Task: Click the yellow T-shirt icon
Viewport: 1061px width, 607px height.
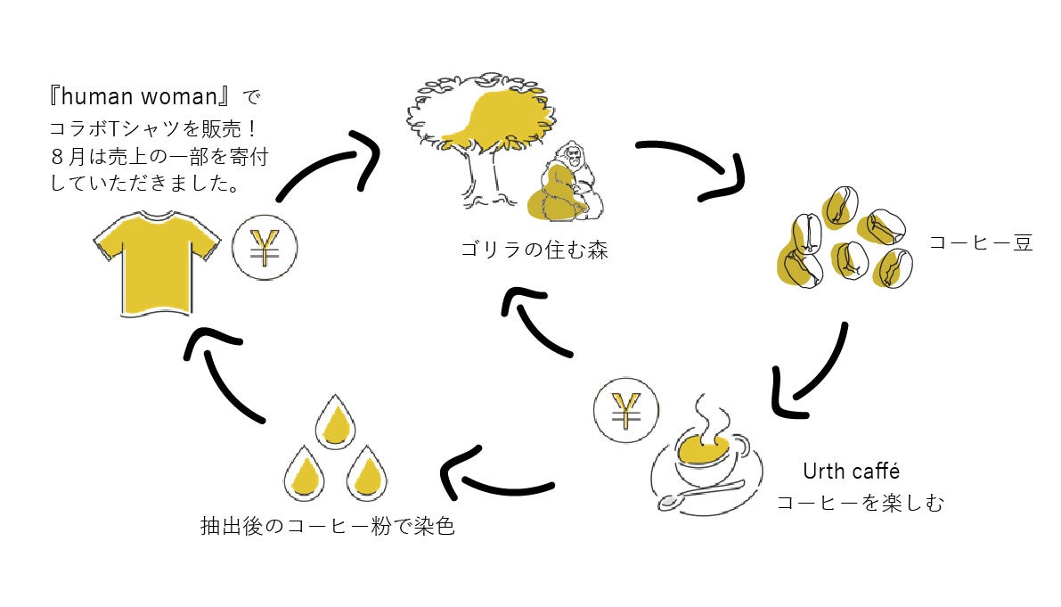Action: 157,262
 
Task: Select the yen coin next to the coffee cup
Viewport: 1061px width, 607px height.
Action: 626,412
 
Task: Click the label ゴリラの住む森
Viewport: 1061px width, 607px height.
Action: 534,250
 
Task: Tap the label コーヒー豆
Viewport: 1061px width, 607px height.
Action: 980,242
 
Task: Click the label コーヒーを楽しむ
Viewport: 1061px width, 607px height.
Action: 860,504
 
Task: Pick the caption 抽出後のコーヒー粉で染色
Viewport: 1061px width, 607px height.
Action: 328,526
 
